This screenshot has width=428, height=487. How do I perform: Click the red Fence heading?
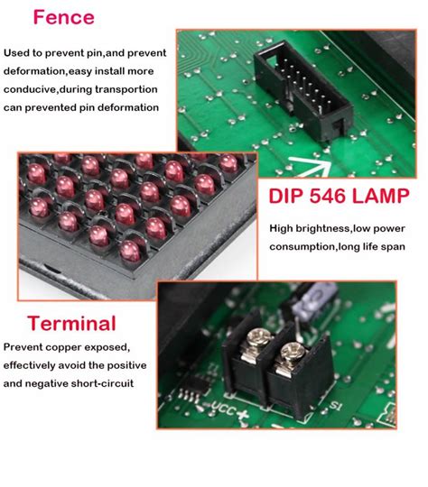[63, 17]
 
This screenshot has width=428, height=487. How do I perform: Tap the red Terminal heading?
[71, 323]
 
